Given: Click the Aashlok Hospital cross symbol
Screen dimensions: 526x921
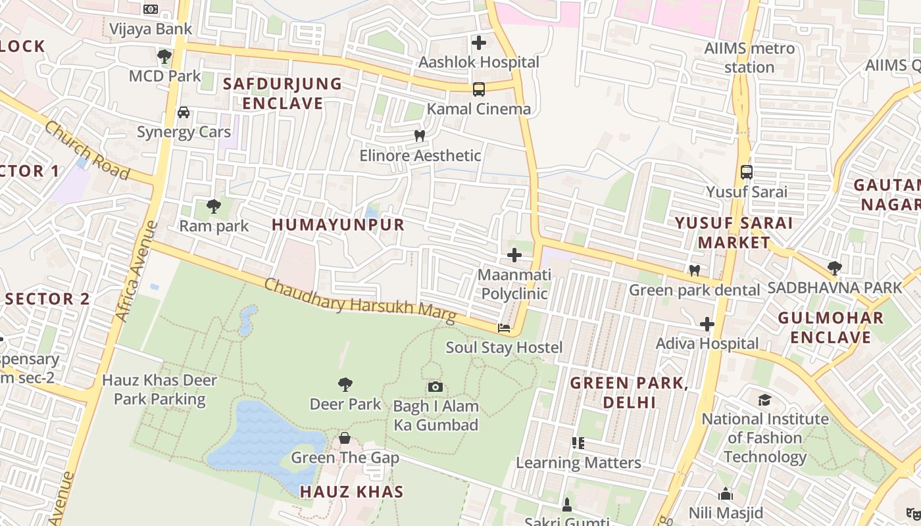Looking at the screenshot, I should pos(479,43).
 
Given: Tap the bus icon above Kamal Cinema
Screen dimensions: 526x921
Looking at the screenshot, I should pos(479,89).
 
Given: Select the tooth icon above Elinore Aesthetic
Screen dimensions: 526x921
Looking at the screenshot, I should pos(419,135).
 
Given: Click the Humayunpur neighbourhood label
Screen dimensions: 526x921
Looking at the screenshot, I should pos(338,225).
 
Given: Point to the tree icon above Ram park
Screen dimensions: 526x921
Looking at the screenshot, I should pos(214,206).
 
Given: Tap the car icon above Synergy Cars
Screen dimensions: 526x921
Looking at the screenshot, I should pos(184,112).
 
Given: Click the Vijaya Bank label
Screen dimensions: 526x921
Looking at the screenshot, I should pos(151,29).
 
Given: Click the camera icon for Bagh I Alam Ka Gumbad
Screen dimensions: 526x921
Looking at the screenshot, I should pos(435,387).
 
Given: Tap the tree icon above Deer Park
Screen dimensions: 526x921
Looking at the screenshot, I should pos(345,385).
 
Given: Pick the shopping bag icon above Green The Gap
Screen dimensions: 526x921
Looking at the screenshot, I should pos(344,438).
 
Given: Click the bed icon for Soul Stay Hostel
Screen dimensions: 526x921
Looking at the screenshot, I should pos(504,327).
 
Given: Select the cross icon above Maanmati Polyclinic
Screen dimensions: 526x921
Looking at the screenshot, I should pos(514,255).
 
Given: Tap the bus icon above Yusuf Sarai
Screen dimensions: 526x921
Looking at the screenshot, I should pos(746,172).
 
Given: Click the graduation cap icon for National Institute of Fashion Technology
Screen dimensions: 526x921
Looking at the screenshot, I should pos(764,400).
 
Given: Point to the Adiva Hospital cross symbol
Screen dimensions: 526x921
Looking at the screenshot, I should pos(707,324).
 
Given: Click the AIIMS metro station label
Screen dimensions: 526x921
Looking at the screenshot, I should pos(749,58).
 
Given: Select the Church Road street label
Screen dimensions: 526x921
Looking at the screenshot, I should pos(87,151).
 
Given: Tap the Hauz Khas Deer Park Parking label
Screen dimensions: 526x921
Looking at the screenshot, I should pos(160,389).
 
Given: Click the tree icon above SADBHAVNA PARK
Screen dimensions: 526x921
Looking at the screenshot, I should pos(835,268).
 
